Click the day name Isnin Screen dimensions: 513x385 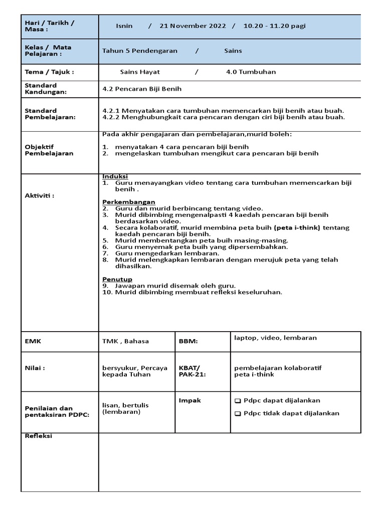124,26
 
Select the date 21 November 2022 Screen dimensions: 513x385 192,26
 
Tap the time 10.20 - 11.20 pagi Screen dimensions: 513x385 274,26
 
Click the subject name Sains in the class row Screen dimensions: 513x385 233,51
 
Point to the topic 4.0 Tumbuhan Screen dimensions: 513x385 251,72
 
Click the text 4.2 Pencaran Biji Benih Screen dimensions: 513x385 142,89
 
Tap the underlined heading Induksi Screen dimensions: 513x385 115,176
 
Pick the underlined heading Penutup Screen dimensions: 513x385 117,279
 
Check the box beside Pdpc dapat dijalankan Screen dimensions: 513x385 238,401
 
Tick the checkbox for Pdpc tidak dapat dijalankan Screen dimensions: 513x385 238,414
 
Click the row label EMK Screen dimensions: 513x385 33,341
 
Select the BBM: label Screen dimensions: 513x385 188,341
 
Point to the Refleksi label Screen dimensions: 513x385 39,436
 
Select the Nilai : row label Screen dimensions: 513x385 35,368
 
